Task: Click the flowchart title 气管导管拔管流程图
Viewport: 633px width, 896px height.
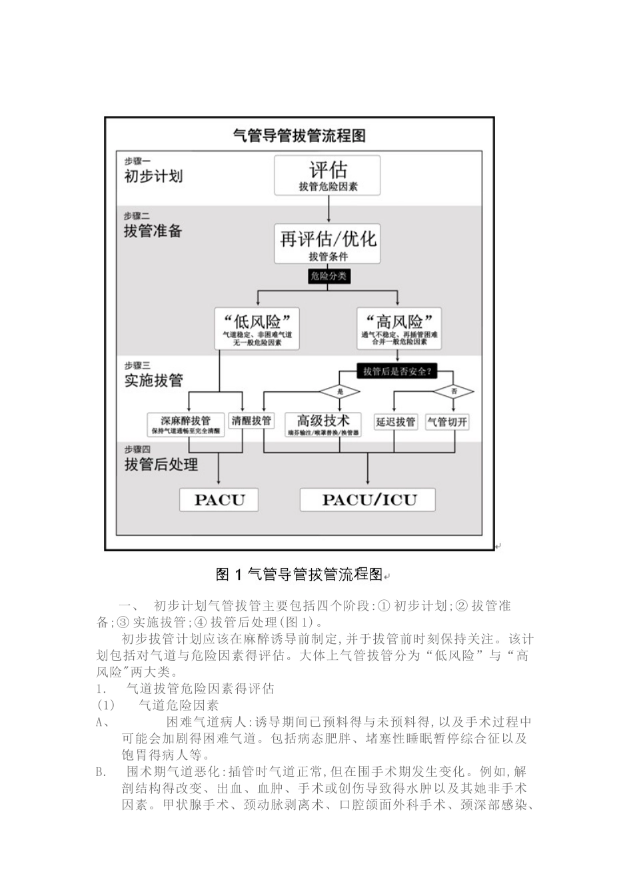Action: point(299,136)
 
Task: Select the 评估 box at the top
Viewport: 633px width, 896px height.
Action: point(328,175)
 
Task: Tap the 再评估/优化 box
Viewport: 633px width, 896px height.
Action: point(328,243)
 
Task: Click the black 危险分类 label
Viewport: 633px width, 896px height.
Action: point(328,276)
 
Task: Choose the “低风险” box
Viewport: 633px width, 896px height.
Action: point(257,328)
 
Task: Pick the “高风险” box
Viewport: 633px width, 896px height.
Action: point(398,328)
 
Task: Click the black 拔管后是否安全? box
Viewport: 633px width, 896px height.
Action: point(397,371)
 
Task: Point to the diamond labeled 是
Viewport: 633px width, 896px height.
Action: point(340,391)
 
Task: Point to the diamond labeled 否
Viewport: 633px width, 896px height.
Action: point(454,391)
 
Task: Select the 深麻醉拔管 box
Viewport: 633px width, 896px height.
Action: point(186,425)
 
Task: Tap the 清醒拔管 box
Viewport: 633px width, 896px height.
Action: point(251,421)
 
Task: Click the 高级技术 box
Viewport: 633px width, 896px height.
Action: point(323,424)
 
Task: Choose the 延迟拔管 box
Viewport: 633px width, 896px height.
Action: point(395,421)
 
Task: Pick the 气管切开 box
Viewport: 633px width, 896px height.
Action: point(447,421)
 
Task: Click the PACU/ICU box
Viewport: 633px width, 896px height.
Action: point(368,500)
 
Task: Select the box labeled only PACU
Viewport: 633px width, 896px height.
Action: point(219,500)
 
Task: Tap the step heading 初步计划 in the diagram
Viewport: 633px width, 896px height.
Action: point(153,177)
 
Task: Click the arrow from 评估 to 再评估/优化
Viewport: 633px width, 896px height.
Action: point(328,209)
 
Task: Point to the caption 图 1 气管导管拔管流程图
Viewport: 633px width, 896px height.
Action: point(299,574)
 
